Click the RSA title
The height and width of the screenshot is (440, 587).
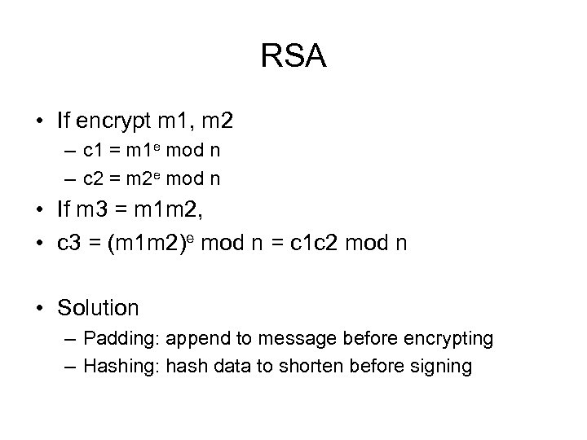coord(293,57)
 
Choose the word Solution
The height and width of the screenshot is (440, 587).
coord(99,308)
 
